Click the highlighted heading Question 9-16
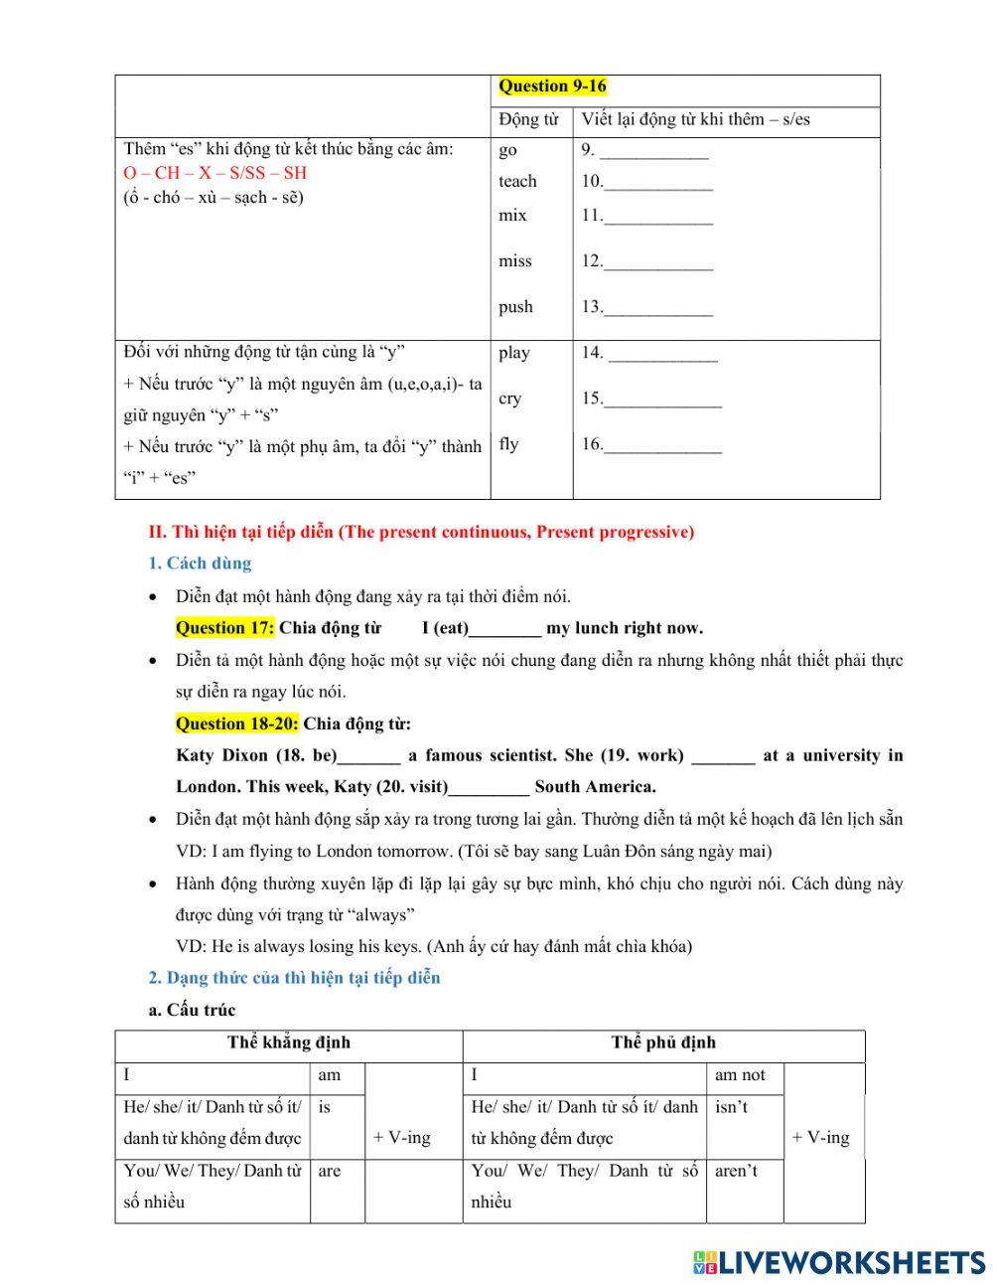pyautogui.click(x=552, y=86)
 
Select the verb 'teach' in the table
pyautogui.click(x=517, y=181)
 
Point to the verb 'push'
pyautogui.click(x=515, y=307)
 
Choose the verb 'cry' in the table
pyautogui.click(x=509, y=399)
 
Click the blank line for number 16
pyautogui.click(x=662, y=445)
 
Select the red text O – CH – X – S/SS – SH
pyautogui.click(x=215, y=173)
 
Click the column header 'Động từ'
pyautogui.click(x=528, y=120)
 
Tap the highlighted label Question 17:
pyautogui.click(x=224, y=628)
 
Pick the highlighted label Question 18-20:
pyautogui.click(x=236, y=723)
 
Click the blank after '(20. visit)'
pyautogui.click(x=489, y=788)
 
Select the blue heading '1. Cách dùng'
pyautogui.click(x=200, y=563)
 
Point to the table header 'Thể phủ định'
pyautogui.click(x=663, y=1042)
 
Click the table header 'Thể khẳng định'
pyautogui.click(x=289, y=1042)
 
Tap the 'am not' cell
pyautogui.click(x=740, y=1075)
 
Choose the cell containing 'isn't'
pyautogui.click(x=732, y=1107)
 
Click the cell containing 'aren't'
pyautogui.click(x=736, y=1171)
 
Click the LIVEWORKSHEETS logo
pyautogui.click(x=839, y=1262)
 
